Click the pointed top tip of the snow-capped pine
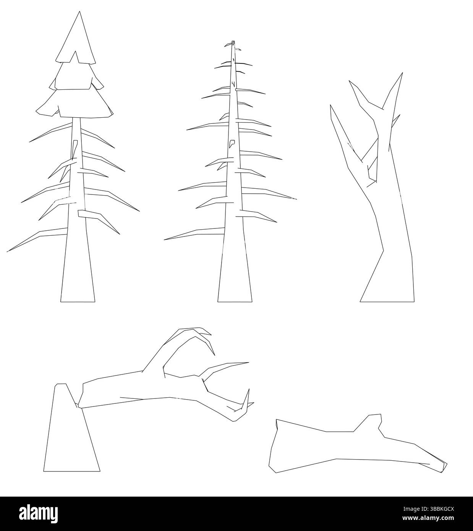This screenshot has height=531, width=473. coord(79,12)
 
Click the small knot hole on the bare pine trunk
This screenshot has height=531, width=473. coord(232,143)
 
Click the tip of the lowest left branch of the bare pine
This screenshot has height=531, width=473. coord(165,240)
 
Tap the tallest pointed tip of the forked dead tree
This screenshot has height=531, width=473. coord(402,73)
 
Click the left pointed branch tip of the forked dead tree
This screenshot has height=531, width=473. coord(330,106)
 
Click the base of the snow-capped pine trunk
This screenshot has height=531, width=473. coord(78,296)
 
